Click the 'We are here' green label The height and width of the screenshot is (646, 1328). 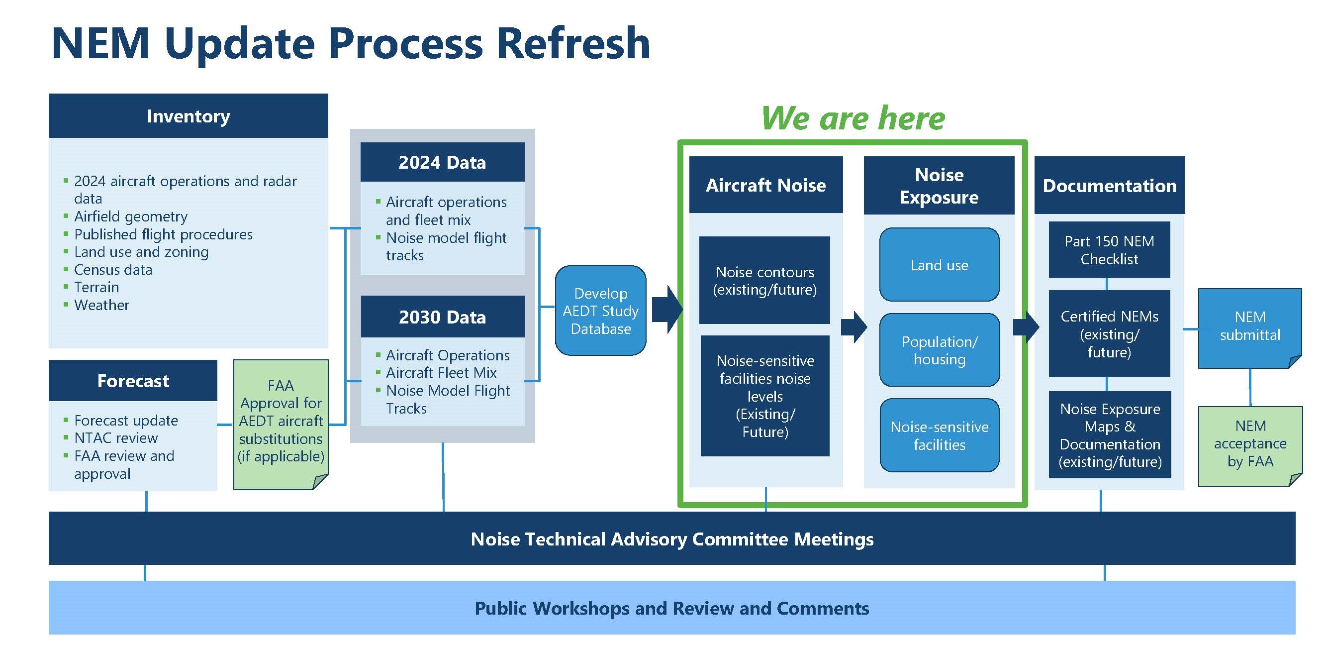point(853,118)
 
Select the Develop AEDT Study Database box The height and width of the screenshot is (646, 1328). point(601,311)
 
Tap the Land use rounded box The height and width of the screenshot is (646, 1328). point(939,265)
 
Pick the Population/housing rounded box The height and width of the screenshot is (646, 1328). point(939,350)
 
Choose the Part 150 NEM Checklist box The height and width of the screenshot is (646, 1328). point(1109,250)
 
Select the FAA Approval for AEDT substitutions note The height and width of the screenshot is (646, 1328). point(281,421)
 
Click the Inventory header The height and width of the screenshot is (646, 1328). point(188,116)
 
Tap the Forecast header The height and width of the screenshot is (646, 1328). point(133,381)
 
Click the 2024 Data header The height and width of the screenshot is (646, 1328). point(442,163)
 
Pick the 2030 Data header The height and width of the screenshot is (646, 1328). point(442,317)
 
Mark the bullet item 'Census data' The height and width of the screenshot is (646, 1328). point(113,270)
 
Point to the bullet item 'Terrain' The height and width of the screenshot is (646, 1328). point(96,287)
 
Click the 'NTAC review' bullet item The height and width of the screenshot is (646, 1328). point(116,438)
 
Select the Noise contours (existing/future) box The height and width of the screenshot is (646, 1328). point(764,280)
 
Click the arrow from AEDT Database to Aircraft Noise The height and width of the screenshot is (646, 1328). point(667,310)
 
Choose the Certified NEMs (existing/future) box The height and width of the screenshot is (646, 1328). point(1109,334)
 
